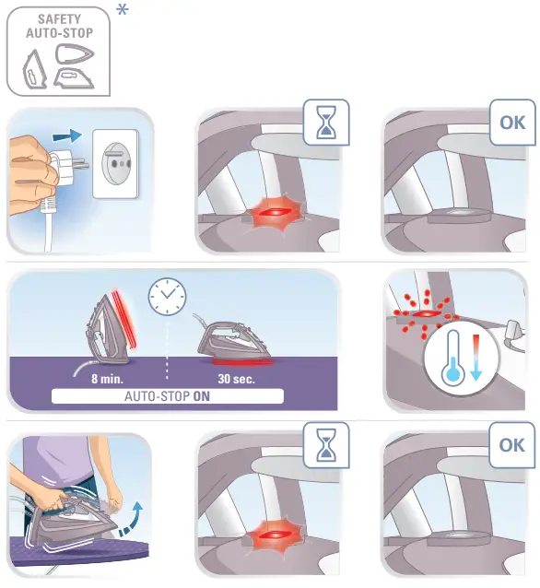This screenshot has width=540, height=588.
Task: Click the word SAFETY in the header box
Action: coord(59,18)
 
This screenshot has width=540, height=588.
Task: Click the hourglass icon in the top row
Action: coord(326,122)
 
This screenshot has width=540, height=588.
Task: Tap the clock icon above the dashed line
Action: coord(167,298)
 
